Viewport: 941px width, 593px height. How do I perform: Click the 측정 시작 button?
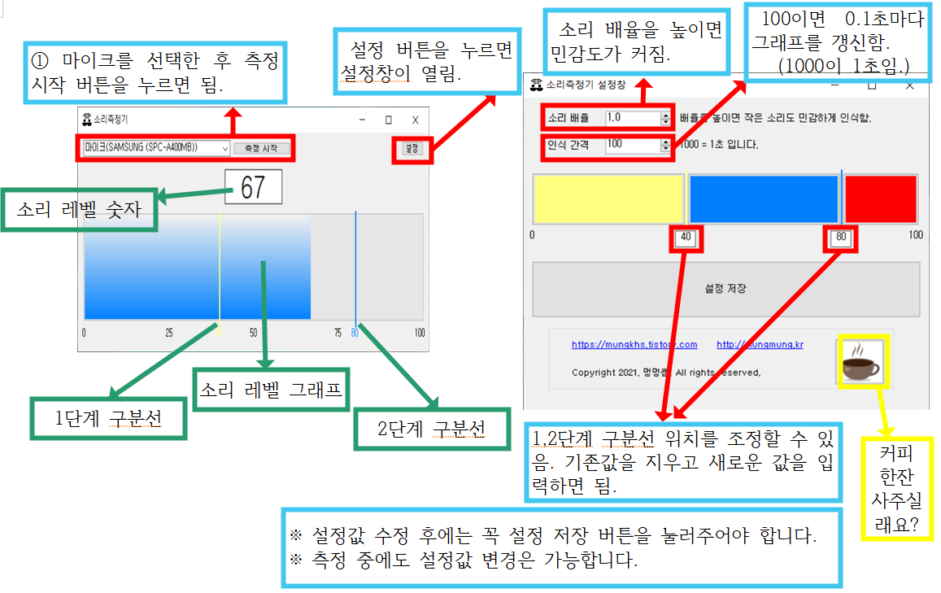coord(261,148)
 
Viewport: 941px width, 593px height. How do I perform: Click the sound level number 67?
coord(253,187)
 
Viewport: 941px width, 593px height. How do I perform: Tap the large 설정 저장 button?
coord(725,289)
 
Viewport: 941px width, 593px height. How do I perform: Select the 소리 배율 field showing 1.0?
coord(634,118)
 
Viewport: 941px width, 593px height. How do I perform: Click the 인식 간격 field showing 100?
coord(634,145)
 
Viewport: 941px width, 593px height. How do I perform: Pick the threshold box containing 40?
coord(686,238)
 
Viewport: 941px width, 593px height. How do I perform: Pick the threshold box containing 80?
coord(841,238)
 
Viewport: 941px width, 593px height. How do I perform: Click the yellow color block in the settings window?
coord(608,198)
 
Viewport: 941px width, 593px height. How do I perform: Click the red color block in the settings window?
coord(881,198)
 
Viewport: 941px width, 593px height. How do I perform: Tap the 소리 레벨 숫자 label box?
coord(79,211)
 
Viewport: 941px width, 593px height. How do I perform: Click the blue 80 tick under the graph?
coord(355,332)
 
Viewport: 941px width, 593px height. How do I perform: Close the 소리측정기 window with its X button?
coord(415,120)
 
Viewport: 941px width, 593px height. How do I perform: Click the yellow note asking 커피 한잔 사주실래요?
coord(898,488)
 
